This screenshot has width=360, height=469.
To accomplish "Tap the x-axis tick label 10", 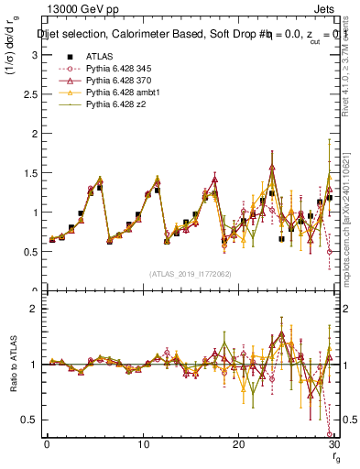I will click(x=143, y=443).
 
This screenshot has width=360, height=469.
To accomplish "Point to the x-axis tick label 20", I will click(x=239, y=443).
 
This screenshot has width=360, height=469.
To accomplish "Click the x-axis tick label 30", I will click(x=334, y=443).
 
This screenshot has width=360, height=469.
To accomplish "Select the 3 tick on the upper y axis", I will click(x=37, y=54).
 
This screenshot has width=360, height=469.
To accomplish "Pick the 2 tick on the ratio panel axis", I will click(x=37, y=309).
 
